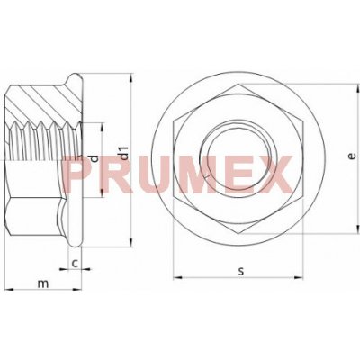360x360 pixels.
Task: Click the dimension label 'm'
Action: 43,283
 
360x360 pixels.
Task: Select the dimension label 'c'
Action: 75,264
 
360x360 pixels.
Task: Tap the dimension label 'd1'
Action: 123,153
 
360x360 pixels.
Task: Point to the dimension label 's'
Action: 241,271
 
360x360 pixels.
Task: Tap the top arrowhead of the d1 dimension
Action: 130,78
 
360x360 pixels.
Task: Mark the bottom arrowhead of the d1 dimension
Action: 130,242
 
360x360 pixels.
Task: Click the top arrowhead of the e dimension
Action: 357,88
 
